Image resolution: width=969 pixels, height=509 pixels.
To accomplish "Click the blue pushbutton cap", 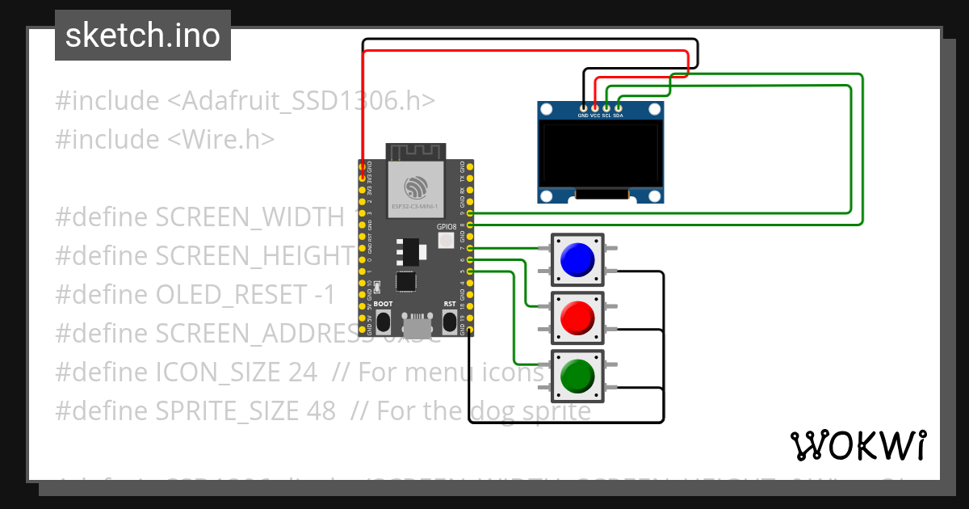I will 577,259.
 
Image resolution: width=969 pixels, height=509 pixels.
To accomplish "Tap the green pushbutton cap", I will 577,376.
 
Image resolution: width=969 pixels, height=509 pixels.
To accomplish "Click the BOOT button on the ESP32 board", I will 384,322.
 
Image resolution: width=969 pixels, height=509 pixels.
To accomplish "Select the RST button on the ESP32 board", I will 450,322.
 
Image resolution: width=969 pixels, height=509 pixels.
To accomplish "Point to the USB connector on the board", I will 417,326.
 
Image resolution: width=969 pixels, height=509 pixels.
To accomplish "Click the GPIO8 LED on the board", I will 447,240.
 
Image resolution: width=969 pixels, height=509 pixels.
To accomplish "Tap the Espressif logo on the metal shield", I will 416,188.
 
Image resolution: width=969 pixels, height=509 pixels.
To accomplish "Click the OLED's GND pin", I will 583,107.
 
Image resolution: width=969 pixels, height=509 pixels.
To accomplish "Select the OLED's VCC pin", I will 595,107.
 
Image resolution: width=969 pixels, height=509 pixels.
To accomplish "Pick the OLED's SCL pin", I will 606,107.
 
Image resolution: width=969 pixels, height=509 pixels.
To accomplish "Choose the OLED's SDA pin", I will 619,107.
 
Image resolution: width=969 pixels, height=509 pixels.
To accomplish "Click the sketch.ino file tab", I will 143,36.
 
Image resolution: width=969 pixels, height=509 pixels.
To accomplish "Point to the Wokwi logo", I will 858,445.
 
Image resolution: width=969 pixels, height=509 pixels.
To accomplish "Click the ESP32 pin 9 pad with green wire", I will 470,212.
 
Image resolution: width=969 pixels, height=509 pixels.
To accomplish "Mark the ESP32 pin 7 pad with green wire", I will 470,247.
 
